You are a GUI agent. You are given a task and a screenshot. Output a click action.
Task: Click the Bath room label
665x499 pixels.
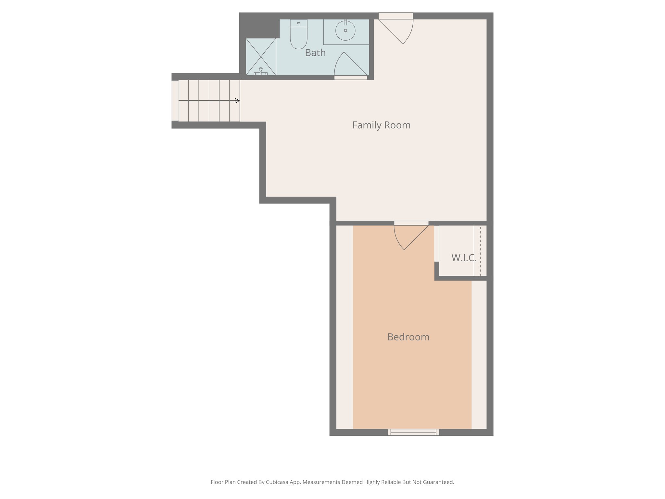(315, 53)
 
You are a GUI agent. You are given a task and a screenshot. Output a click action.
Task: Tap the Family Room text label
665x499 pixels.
(381, 125)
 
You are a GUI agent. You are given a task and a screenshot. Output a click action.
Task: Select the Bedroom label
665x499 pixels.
(408, 337)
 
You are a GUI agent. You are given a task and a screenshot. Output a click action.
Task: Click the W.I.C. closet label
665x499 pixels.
(463, 258)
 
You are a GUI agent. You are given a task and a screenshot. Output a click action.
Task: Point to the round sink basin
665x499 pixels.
(345, 31)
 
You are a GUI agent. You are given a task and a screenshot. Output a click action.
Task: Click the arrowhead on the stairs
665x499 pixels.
(237, 101)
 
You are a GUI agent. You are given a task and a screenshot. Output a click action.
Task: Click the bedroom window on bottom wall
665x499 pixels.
(413, 432)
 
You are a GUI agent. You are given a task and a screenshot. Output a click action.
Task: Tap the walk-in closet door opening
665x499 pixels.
(437, 244)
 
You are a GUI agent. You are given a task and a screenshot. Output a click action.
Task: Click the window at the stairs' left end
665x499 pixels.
(175, 101)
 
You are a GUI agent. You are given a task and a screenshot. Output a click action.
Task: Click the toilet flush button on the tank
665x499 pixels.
(298, 23)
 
